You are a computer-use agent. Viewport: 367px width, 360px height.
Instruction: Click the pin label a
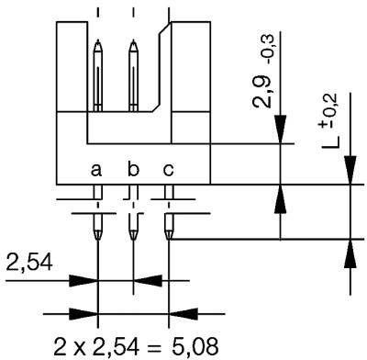click(96, 171)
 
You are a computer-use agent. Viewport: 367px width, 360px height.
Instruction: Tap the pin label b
click(133, 170)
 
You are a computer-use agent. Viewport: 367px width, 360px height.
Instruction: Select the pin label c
click(168, 171)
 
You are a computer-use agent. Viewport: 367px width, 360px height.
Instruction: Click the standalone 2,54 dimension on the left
click(28, 266)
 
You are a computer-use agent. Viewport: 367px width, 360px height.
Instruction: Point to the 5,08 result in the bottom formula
click(198, 346)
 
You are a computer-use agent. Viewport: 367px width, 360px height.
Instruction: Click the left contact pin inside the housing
click(98, 73)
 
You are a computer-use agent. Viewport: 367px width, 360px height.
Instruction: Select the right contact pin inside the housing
click(134, 73)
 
